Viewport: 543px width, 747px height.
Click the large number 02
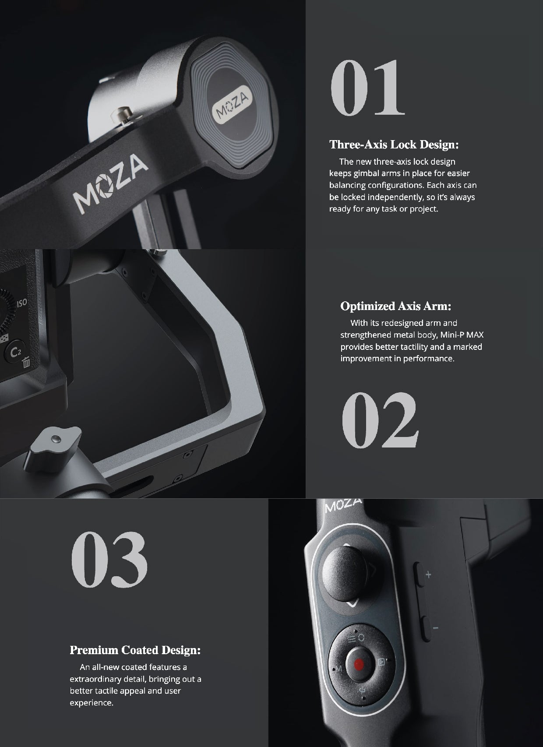click(380, 420)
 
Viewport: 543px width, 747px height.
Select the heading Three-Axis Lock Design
click(394, 144)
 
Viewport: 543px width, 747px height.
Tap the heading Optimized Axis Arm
click(395, 306)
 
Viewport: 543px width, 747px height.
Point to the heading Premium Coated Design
click(135, 650)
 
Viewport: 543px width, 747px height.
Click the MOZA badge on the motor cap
click(233, 106)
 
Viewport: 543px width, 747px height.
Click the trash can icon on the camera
click(26, 362)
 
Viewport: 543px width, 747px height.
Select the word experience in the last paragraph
click(92, 703)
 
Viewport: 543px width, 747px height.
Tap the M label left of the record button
click(338, 668)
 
